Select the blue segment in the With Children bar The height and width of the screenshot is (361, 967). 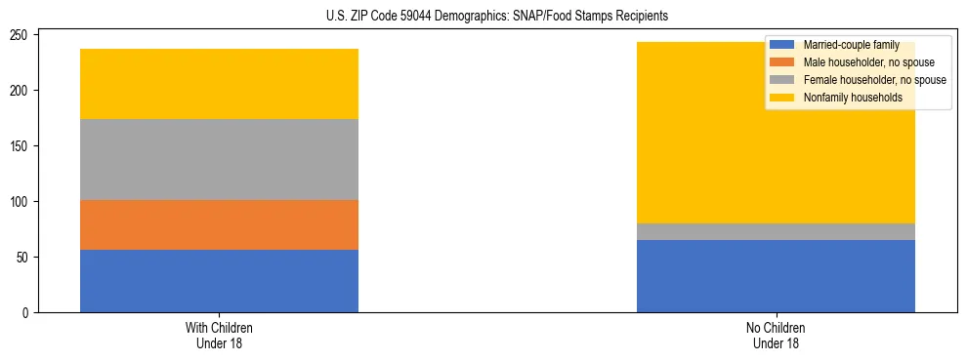pyautogui.click(x=219, y=281)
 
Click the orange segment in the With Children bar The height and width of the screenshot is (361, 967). pyautogui.click(x=219, y=224)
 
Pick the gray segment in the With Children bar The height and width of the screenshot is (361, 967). pyautogui.click(x=219, y=159)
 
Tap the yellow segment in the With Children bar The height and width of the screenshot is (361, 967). pyautogui.click(x=219, y=84)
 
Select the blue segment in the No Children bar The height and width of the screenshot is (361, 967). pyautogui.click(x=776, y=276)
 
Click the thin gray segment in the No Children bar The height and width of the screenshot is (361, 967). pyautogui.click(x=776, y=231)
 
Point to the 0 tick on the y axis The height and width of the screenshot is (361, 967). pyautogui.click(x=28, y=313)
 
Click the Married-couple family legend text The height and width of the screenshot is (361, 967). pyautogui.click(x=851, y=45)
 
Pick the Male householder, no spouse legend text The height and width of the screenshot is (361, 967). pyautogui.click(x=868, y=62)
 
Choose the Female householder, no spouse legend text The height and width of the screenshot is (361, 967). pyautogui.click(x=874, y=80)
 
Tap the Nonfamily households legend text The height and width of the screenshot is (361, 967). pyautogui.click(x=854, y=98)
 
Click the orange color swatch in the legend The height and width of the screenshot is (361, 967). pyautogui.click(x=781, y=62)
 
